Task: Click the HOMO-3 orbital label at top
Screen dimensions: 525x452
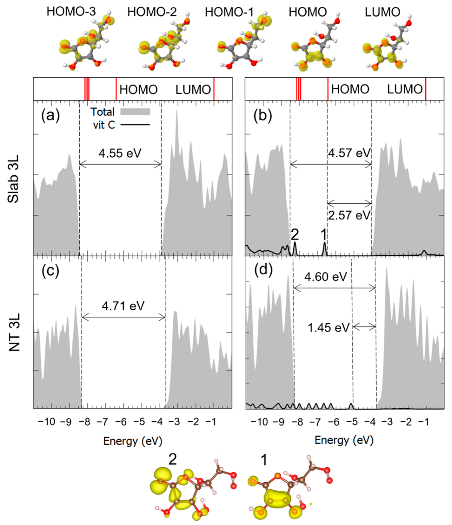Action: tap(71, 11)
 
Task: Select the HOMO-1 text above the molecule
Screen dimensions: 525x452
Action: tap(229, 12)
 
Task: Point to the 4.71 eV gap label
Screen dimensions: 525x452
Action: tap(123, 306)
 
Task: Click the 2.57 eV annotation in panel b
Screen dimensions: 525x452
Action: tap(349, 215)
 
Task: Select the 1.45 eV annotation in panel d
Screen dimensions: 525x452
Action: tap(329, 328)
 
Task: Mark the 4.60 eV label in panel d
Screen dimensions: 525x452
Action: tap(326, 277)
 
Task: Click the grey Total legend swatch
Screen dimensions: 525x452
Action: tap(135, 112)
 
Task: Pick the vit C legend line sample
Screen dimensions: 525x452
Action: tap(135, 125)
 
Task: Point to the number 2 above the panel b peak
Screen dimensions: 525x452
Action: tap(295, 235)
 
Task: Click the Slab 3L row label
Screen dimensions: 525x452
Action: tap(13, 178)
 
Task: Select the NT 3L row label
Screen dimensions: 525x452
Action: tap(14, 332)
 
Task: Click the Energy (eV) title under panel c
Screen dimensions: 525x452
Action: tap(133, 441)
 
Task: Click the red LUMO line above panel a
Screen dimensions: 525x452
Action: tap(214, 89)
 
